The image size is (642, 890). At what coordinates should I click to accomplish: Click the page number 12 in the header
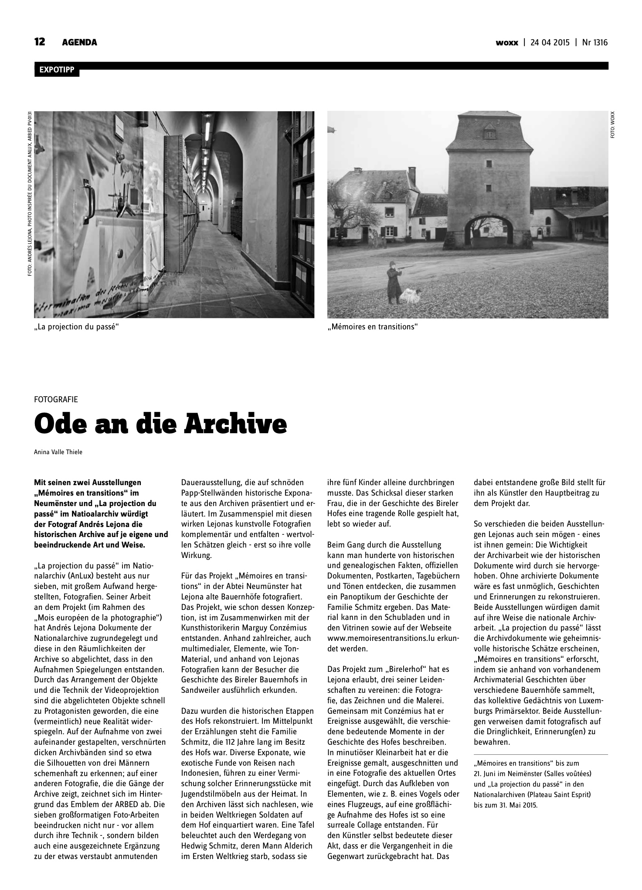[40, 42]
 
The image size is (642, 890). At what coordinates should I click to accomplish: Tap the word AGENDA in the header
[79, 43]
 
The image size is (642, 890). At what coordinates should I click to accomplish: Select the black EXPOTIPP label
[57, 70]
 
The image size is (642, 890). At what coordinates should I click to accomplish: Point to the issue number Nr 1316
[594, 43]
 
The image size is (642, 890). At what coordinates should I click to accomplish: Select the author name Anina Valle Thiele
[58, 452]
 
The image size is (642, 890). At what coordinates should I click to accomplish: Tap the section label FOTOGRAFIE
[56, 399]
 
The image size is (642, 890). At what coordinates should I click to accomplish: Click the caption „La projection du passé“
[77, 326]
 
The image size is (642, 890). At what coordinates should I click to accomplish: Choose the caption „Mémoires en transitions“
[372, 326]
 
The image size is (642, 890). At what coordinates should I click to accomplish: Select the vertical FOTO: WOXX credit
[612, 127]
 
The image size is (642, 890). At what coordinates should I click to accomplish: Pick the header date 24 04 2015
[550, 43]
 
